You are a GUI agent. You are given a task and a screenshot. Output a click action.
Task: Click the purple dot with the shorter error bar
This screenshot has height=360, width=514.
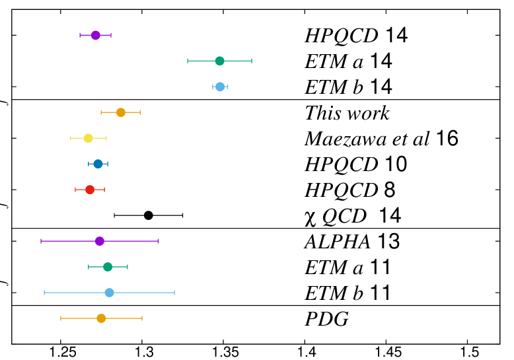pos(96,35)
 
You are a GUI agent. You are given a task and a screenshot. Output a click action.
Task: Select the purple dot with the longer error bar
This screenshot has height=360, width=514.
pos(100,241)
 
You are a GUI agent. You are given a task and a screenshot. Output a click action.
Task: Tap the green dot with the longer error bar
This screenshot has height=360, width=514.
pos(219,61)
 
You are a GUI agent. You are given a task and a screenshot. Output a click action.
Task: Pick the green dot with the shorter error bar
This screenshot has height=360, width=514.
pos(108,267)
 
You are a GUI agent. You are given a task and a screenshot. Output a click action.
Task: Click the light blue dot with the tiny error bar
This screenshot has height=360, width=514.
pos(220,87)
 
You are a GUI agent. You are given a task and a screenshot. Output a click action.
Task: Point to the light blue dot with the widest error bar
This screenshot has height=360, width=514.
pos(110,293)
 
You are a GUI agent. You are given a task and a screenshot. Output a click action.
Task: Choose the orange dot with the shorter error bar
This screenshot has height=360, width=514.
pos(121,112)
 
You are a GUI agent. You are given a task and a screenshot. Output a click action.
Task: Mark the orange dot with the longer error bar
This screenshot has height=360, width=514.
pos(101,318)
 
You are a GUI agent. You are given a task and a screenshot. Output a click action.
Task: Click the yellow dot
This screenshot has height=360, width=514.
pos(89,138)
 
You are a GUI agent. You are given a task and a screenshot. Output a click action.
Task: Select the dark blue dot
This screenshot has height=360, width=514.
pos(98,164)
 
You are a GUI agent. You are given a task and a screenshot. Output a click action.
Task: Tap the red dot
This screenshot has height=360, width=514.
pos(90,190)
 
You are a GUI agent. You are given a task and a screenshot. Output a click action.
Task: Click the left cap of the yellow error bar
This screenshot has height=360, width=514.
pos(71,138)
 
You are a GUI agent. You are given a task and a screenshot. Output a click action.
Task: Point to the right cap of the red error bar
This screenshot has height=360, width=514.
pos(104,190)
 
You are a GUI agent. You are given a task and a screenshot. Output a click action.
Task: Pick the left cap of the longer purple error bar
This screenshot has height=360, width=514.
pos(41,241)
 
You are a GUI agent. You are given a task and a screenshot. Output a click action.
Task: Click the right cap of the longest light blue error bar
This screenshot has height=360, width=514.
pos(174,293)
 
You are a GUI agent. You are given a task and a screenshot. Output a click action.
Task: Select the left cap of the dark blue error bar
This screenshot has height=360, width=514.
pos(89,164)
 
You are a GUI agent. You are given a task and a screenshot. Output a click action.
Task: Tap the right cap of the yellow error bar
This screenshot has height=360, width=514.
pos(106,138)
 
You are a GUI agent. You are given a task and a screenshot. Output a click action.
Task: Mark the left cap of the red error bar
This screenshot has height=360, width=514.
pos(75,190)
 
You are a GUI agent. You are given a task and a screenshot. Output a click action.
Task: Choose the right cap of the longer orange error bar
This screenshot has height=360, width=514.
pos(142,318)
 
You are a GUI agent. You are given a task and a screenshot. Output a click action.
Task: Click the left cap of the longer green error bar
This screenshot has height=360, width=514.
pos(188,61)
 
